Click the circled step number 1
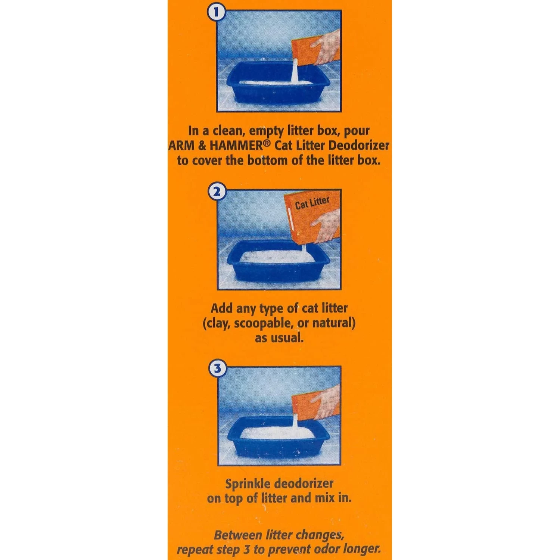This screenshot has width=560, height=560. point(216,12)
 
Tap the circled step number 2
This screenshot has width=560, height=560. point(217,192)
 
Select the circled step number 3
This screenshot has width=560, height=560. point(217,369)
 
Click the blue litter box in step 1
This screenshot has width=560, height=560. point(278,90)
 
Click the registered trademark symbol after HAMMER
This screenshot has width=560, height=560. point(265,143)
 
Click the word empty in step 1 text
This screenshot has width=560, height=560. point(267,131)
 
